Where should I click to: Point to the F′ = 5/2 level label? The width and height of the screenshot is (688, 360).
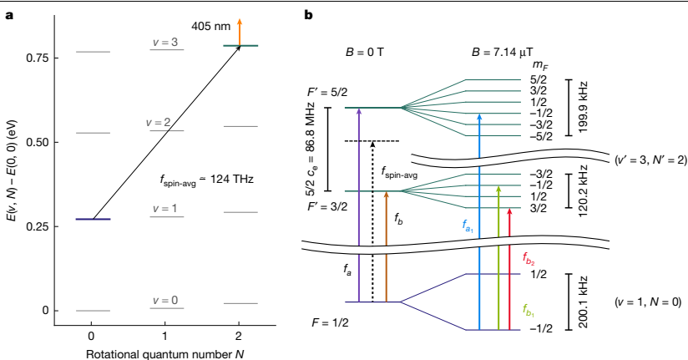pos(326,94)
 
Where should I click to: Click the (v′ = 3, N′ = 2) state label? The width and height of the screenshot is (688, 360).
pos(649,159)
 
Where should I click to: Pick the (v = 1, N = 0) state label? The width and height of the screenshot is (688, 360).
pos(648,300)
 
